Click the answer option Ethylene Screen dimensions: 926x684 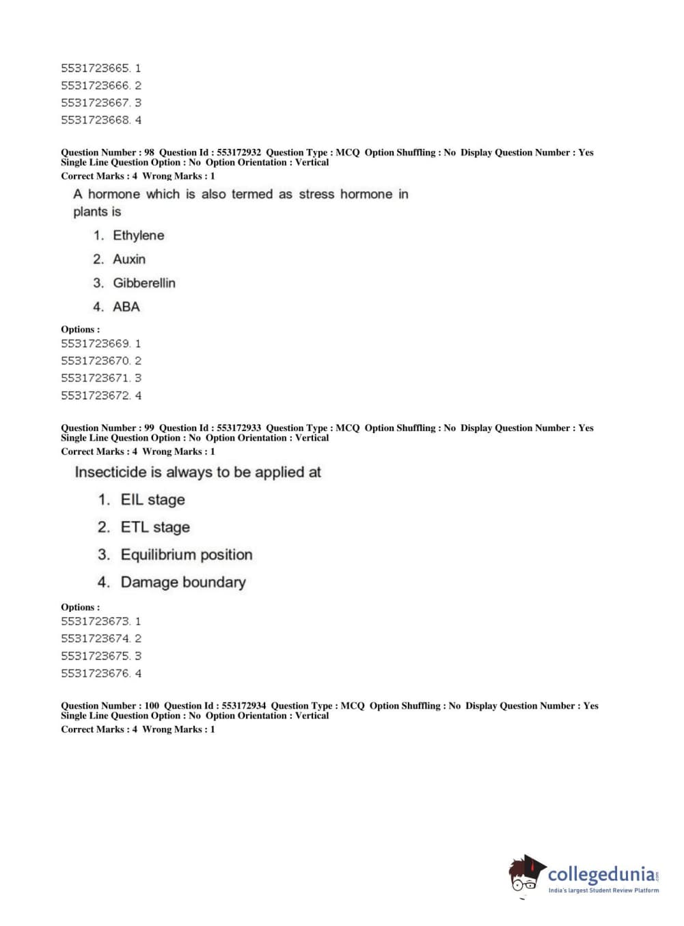pyautogui.click(x=138, y=236)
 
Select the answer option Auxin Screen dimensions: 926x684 pyautogui.click(x=128, y=259)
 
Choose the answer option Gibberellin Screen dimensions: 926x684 pyautogui.click(x=143, y=283)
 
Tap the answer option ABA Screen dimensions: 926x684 pyautogui.click(x=126, y=307)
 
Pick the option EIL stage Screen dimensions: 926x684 pyautogui.click(x=152, y=500)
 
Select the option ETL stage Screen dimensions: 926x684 pyautogui.click(x=155, y=527)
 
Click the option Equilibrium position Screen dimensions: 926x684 pyautogui.click(x=187, y=555)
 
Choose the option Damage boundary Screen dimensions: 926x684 pyautogui.click(x=183, y=583)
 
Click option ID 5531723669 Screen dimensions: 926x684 pyautogui.click(x=95, y=343)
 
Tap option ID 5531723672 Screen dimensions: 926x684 pyautogui.click(x=95, y=395)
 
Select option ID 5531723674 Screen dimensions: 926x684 pyautogui.click(x=95, y=639)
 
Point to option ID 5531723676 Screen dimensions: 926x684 pyautogui.click(x=95, y=673)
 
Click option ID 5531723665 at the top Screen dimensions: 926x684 pyautogui.click(x=95, y=68)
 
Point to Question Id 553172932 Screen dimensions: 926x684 pyautogui.click(x=238, y=152)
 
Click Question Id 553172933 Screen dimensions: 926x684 pyautogui.click(x=238, y=428)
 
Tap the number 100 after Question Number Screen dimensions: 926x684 pyautogui.click(x=152, y=706)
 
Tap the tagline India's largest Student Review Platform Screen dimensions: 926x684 pyautogui.click(x=603, y=890)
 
